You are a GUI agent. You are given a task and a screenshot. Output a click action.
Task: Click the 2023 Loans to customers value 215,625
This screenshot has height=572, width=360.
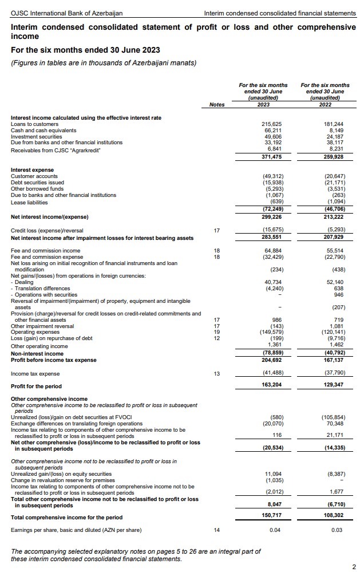pyautogui.click(x=271, y=124)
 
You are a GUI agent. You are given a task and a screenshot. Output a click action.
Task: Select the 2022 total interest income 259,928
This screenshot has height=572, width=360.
pyautogui.click(x=332, y=156)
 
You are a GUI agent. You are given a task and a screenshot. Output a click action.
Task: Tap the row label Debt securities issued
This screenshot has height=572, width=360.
pyautogui.click(x=33, y=183)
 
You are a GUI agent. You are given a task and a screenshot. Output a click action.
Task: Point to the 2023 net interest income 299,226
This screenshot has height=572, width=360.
pyautogui.click(x=271, y=218)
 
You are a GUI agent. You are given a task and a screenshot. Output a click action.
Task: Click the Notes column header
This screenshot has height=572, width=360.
pyautogui.click(x=217, y=104)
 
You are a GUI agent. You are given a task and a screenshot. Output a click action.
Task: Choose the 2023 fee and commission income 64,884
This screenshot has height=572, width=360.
pyautogui.click(x=273, y=251)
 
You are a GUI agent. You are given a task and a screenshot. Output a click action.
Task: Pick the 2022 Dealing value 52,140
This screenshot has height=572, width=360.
pyautogui.click(x=333, y=282)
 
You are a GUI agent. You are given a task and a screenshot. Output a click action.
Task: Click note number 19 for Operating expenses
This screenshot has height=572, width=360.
pyautogui.click(x=216, y=333)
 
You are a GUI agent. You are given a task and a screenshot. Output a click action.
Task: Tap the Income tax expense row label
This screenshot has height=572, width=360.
pyautogui.click(x=35, y=374)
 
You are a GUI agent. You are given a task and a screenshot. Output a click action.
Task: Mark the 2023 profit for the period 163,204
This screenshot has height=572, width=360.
pyautogui.click(x=271, y=386)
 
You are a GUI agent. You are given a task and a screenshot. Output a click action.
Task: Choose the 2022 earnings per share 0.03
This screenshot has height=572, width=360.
pyautogui.click(x=337, y=530)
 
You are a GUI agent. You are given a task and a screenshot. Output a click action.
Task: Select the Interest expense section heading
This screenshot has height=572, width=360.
pyautogui.click(x=32, y=170)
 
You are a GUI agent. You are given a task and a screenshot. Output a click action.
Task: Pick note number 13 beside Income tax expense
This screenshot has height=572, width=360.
pyautogui.click(x=216, y=374)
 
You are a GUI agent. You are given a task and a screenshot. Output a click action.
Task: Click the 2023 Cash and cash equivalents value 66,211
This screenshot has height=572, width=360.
pyautogui.click(x=273, y=131)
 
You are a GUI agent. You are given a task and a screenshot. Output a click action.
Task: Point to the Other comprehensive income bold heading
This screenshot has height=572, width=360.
pyautogui.click(x=49, y=399)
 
